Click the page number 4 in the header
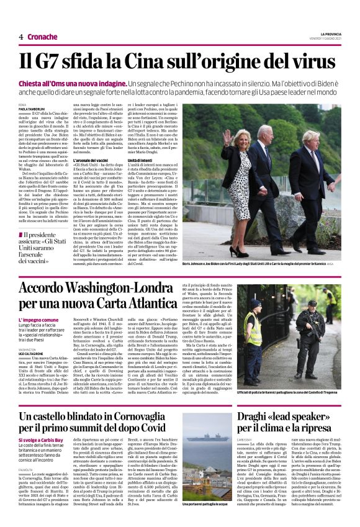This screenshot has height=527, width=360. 21,37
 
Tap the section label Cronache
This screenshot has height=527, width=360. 42,37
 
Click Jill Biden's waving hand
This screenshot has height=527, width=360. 227,135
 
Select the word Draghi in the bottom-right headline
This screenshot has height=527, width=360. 273,413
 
